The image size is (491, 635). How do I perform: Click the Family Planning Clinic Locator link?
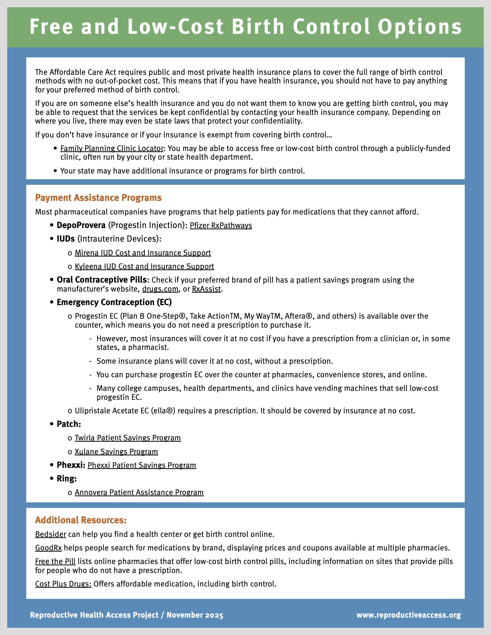tap(112, 148)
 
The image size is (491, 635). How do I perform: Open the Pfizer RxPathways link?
tap(221, 225)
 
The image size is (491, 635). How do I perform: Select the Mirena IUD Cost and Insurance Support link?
tap(142, 253)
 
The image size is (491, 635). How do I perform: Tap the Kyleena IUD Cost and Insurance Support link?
tap(144, 266)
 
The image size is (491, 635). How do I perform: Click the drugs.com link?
tap(160, 289)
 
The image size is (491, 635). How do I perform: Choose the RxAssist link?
tap(206, 289)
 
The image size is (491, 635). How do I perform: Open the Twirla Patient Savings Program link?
tap(128, 438)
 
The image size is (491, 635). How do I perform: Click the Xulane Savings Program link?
tap(116, 451)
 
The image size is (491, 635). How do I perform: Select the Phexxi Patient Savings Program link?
tap(142, 465)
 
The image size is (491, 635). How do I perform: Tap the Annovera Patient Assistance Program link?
tap(139, 492)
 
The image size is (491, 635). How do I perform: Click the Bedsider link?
tap(50, 534)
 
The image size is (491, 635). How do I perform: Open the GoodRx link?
tap(48, 548)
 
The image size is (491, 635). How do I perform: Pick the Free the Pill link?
tap(55, 561)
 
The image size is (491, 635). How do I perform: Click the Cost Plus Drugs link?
tap(63, 584)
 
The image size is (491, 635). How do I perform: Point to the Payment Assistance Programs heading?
tap(98, 198)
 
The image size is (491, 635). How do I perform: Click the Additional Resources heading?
tap(81, 520)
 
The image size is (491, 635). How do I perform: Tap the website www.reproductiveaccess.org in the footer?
tap(408, 615)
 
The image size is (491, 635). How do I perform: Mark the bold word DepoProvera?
tap(81, 225)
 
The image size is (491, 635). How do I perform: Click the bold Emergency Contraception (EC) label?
tap(114, 302)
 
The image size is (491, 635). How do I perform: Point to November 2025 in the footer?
tap(195, 615)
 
